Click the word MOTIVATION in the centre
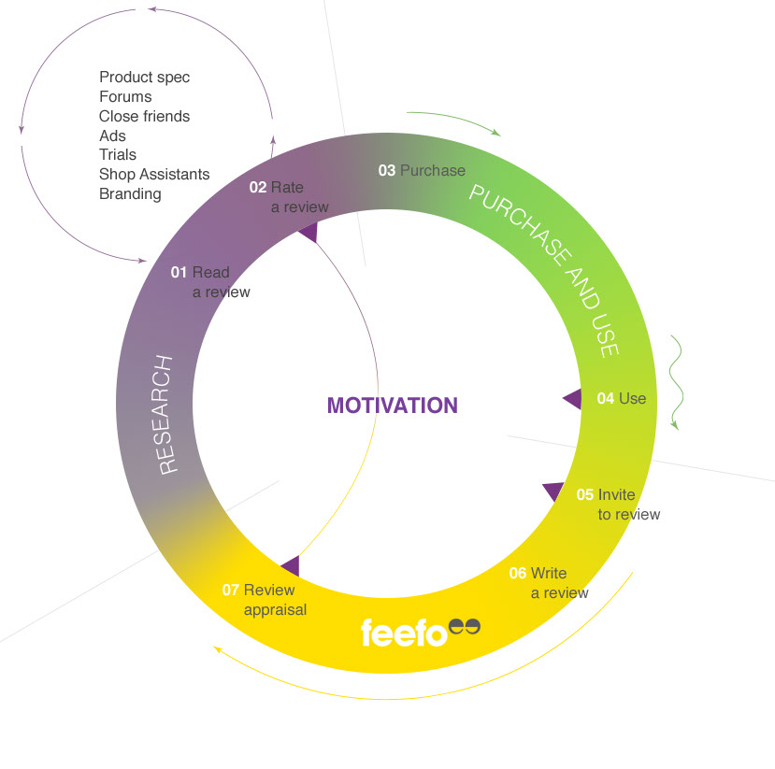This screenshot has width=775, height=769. (x=393, y=406)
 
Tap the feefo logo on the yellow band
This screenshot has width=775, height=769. (x=420, y=633)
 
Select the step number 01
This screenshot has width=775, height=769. (x=179, y=273)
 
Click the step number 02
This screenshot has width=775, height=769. (x=257, y=188)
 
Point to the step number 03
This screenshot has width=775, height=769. (x=387, y=171)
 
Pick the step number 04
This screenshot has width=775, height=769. (x=606, y=399)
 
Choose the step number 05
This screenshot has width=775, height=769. (x=585, y=495)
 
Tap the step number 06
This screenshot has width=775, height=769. (x=518, y=574)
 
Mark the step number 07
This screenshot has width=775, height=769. (x=231, y=591)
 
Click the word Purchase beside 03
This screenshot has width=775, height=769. (x=433, y=171)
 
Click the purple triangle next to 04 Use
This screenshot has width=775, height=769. (x=572, y=399)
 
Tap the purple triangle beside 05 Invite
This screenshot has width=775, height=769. (x=553, y=491)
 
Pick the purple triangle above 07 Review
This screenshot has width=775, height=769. (x=291, y=566)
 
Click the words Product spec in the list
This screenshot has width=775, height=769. (x=144, y=78)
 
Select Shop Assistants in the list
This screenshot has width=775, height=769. (x=154, y=175)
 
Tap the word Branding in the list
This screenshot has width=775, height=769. (x=130, y=194)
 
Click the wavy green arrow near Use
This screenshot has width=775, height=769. (x=676, y=383)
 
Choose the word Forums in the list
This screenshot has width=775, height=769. (x=125, y=97)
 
